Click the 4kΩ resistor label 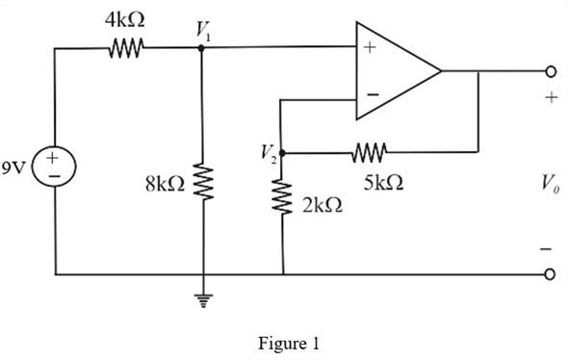pos(125,19)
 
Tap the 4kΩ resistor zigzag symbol pos(126,46)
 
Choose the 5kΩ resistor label pos(383,182)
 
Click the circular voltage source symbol pos(56,167)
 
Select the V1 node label pos(204,32)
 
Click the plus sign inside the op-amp pos(370,48)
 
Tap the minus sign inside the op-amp pos(371,96)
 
